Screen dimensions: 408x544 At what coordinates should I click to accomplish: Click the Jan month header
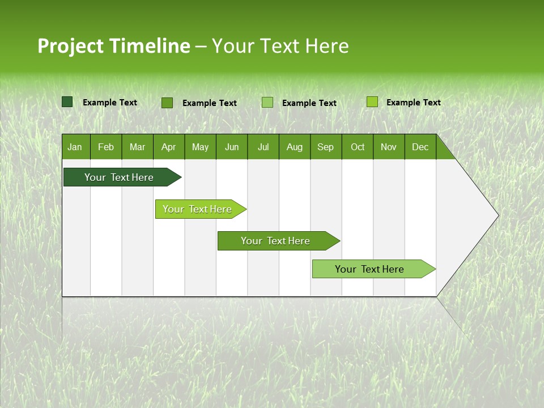[x=75, y=147]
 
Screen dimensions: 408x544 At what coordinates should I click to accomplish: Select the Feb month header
[x=106, y=147]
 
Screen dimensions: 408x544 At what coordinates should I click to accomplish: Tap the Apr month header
[x=168, y=147]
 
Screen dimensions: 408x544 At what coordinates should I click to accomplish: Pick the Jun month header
[x=232, y=147]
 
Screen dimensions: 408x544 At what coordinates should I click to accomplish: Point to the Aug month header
[x=294, y=147]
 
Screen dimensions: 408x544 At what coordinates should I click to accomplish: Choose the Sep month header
[x=325, y=147]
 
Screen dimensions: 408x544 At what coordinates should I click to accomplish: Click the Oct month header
[x=358, y=147]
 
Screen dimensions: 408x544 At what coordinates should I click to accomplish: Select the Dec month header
[x=420, y=147]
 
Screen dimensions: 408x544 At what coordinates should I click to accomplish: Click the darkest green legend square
[x=67, y=102]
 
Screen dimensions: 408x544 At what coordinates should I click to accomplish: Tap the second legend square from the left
[x=167, y=103]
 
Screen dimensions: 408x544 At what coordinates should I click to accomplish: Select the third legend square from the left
[x=267, y=103]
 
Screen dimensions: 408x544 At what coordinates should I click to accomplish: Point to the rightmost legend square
[x=372, y=102]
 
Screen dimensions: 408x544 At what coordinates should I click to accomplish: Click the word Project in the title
[x=70, y=46]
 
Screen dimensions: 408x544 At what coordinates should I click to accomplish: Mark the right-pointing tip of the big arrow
[x=497, y=215]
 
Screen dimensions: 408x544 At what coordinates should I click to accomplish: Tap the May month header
[x=200, y=147]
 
